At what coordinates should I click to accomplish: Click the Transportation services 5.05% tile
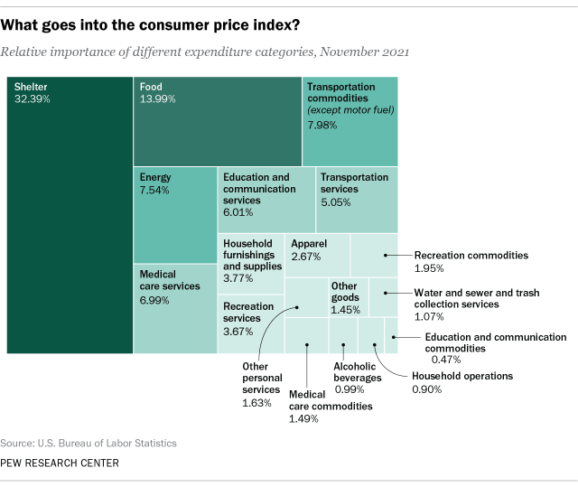click(x=357, y=201)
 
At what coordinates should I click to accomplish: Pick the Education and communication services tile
click(x=266, y=200)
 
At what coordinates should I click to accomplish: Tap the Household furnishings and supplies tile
click(x=251, y=261)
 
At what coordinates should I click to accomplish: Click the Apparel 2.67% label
click(x=309, y=251)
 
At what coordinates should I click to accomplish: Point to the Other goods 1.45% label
click(x=346, y=297)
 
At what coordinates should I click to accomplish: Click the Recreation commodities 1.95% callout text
click(x=470, y=262)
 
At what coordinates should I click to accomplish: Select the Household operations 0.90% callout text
click(x=461, y=382)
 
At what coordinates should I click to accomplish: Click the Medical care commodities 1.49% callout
click(x=330, y=407)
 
